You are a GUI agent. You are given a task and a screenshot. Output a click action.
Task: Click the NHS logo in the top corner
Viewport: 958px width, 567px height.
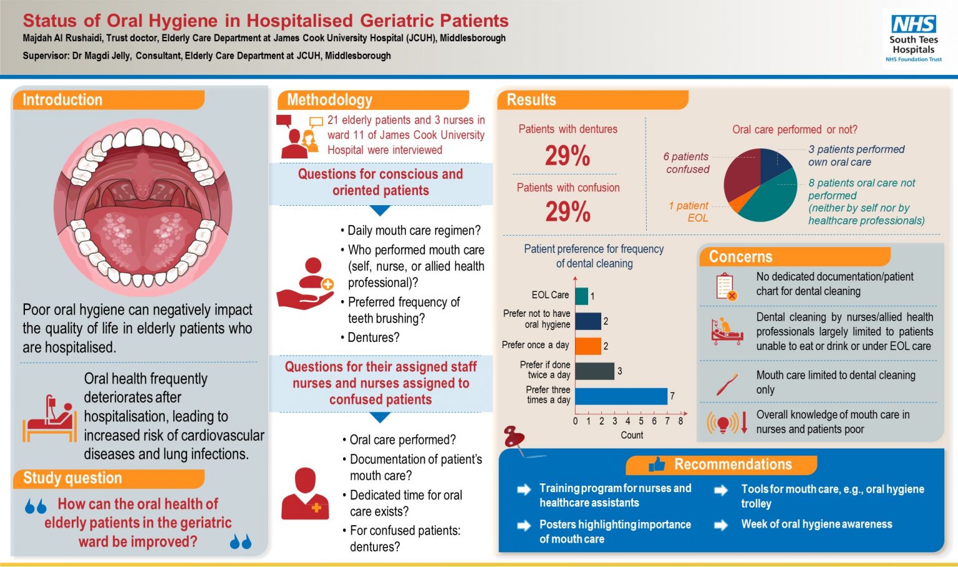click(x=914, y=24)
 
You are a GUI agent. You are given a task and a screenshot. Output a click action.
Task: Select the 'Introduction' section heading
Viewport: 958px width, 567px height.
click(x=62, y=100)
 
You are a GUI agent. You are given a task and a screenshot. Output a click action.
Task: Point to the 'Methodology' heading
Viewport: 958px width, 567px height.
click(x=329, y=100)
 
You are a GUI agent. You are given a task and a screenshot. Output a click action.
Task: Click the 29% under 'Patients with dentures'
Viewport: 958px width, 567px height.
click(x=568, y=155)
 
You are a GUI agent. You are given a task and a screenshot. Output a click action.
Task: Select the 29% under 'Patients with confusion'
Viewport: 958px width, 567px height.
click(x=568, y=211)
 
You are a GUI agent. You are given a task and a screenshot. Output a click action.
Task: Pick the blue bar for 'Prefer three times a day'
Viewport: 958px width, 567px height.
click(x=621, y=396)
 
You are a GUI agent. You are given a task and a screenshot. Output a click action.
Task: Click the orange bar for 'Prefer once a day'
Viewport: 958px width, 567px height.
click(x=588, y=346)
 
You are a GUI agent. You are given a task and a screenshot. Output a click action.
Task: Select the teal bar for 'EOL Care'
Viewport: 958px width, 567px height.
click(x=581, y=296)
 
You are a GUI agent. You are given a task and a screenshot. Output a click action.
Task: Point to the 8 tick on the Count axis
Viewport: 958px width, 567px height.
click(x=680, y=421)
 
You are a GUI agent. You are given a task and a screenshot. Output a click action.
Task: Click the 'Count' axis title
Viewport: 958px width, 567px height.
click(x=632, y=435)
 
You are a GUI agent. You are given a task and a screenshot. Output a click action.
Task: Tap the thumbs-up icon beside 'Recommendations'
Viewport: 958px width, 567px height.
click(x=656, y=464)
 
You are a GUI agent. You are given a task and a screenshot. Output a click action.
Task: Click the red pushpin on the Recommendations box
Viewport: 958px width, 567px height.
click(x=515, y=436)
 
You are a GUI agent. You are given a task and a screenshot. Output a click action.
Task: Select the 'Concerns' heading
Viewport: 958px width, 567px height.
click(x=740, y=257)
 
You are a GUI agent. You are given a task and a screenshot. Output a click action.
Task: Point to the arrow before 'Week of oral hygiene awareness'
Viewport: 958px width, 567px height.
click(x=720, y=525)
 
